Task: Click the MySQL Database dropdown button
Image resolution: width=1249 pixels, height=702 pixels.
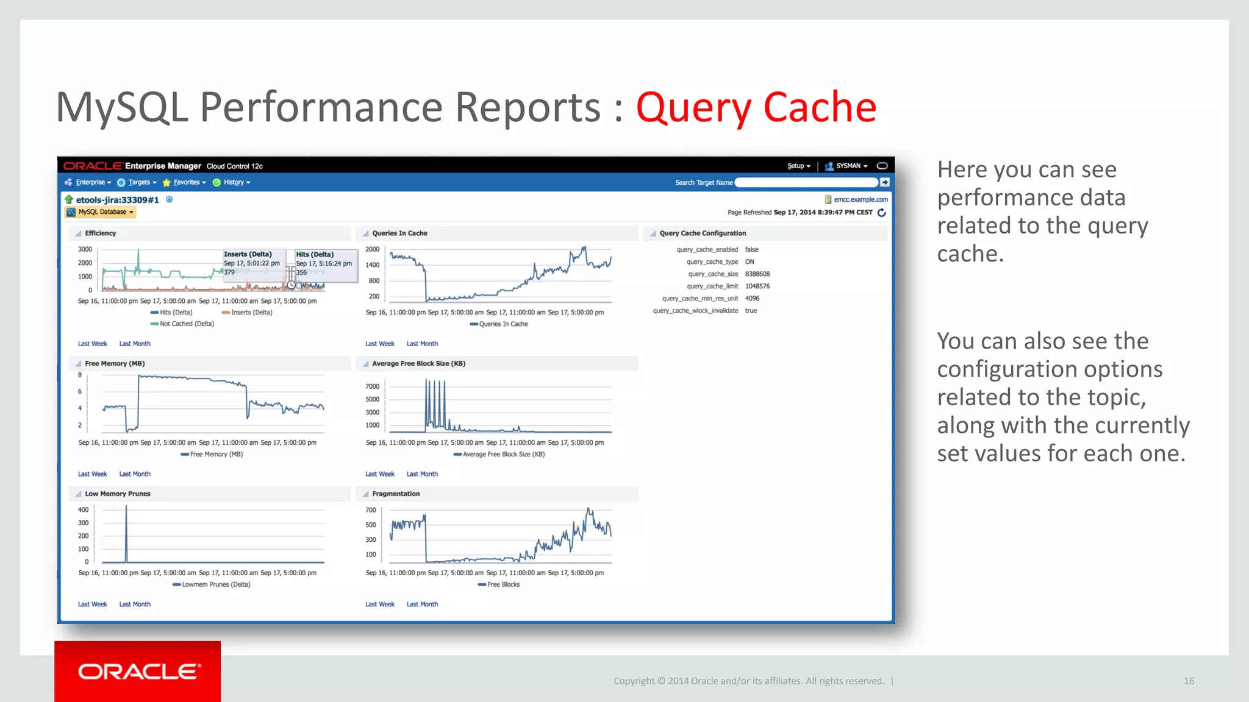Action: [x=101, y=212]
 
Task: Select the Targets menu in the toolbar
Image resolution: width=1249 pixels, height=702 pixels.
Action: [x=138, y=182]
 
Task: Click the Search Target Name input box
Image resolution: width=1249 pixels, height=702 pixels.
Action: [x=806, y=182]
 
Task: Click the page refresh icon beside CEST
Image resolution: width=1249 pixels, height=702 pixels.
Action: [x=881, y=213]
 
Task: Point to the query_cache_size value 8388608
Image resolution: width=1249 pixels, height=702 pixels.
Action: [x=757, y=274]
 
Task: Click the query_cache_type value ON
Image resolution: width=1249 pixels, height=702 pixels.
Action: [x=750, y=262]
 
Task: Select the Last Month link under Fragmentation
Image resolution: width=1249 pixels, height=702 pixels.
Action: [x=422, y=604]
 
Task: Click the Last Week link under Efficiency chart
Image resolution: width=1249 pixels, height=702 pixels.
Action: [x=92, y=344]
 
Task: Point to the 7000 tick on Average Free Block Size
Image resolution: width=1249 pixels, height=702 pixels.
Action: [x=372, y=386]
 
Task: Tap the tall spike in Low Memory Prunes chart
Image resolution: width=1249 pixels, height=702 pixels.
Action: [x=126, y=530]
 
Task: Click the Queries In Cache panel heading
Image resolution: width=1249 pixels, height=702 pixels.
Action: [x=399, y=233]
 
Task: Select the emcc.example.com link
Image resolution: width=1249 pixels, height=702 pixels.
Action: [x=861, y=199]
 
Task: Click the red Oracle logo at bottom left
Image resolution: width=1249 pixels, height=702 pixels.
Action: [x=138, y=672]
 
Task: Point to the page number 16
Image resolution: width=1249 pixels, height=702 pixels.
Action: [x=1189, y=681]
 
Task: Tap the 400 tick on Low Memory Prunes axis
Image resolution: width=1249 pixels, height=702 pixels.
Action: [x=83, y=509]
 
